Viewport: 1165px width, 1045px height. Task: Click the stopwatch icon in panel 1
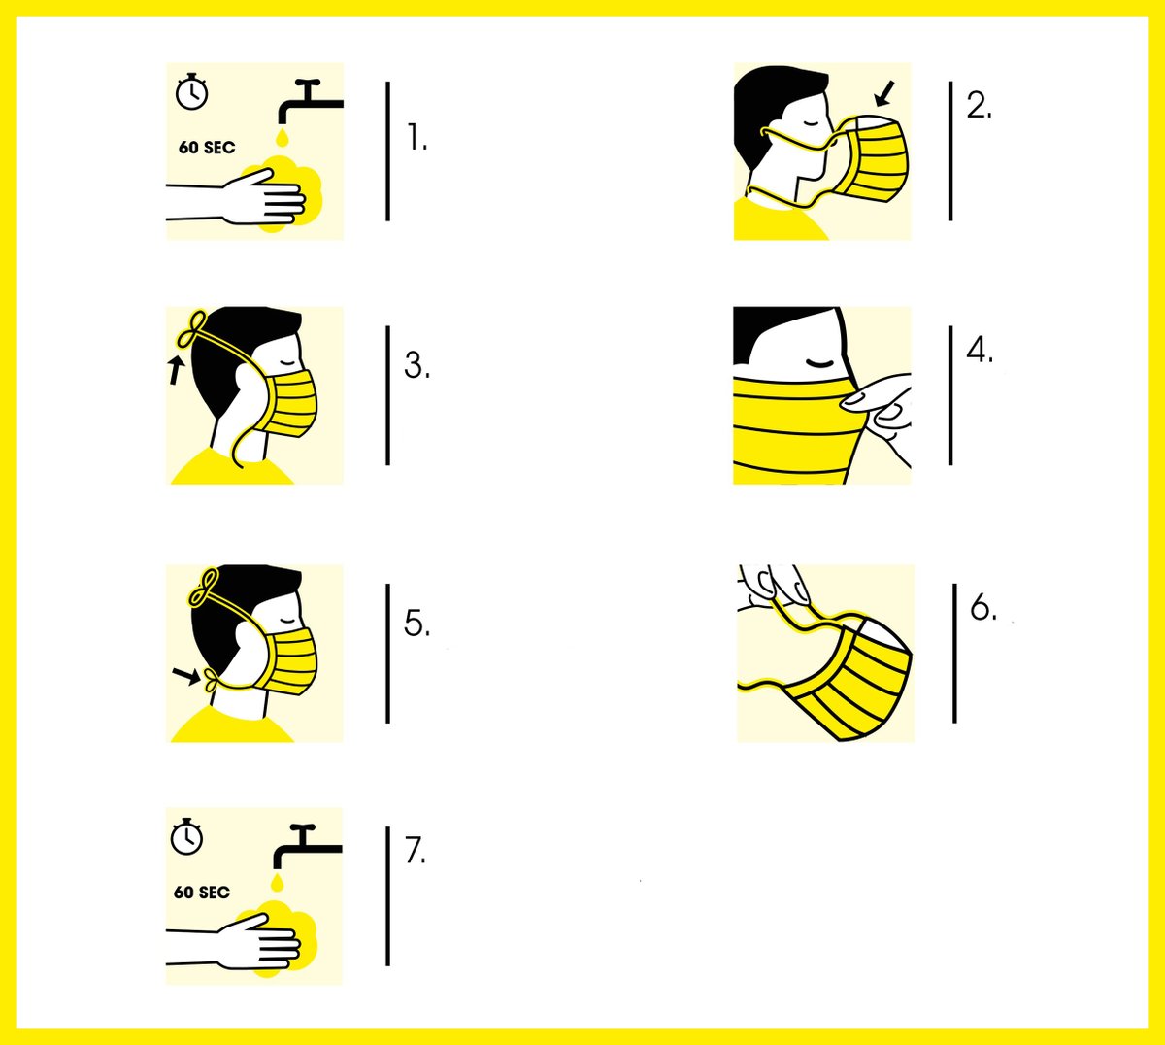(x=191, y=91)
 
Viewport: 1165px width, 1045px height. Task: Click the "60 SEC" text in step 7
(x=202, y=893)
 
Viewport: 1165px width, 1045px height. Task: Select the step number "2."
(x=979, y=106)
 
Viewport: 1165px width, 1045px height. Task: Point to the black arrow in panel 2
(x=885, y=93)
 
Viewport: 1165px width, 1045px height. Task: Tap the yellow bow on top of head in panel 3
(x=192, y=329)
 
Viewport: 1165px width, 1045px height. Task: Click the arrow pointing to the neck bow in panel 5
(x=185, y=676)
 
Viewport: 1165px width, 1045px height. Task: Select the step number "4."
(x=980, y=351)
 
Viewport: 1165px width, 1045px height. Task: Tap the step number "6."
(x=983, y=608)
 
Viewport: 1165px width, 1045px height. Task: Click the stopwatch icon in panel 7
(x=186, y=837)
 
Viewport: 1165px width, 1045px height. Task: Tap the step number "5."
(x=416, y=623)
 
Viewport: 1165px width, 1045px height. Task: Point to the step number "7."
(x=416, y=850)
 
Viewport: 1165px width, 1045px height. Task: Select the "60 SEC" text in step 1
(x=207, y=148)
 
